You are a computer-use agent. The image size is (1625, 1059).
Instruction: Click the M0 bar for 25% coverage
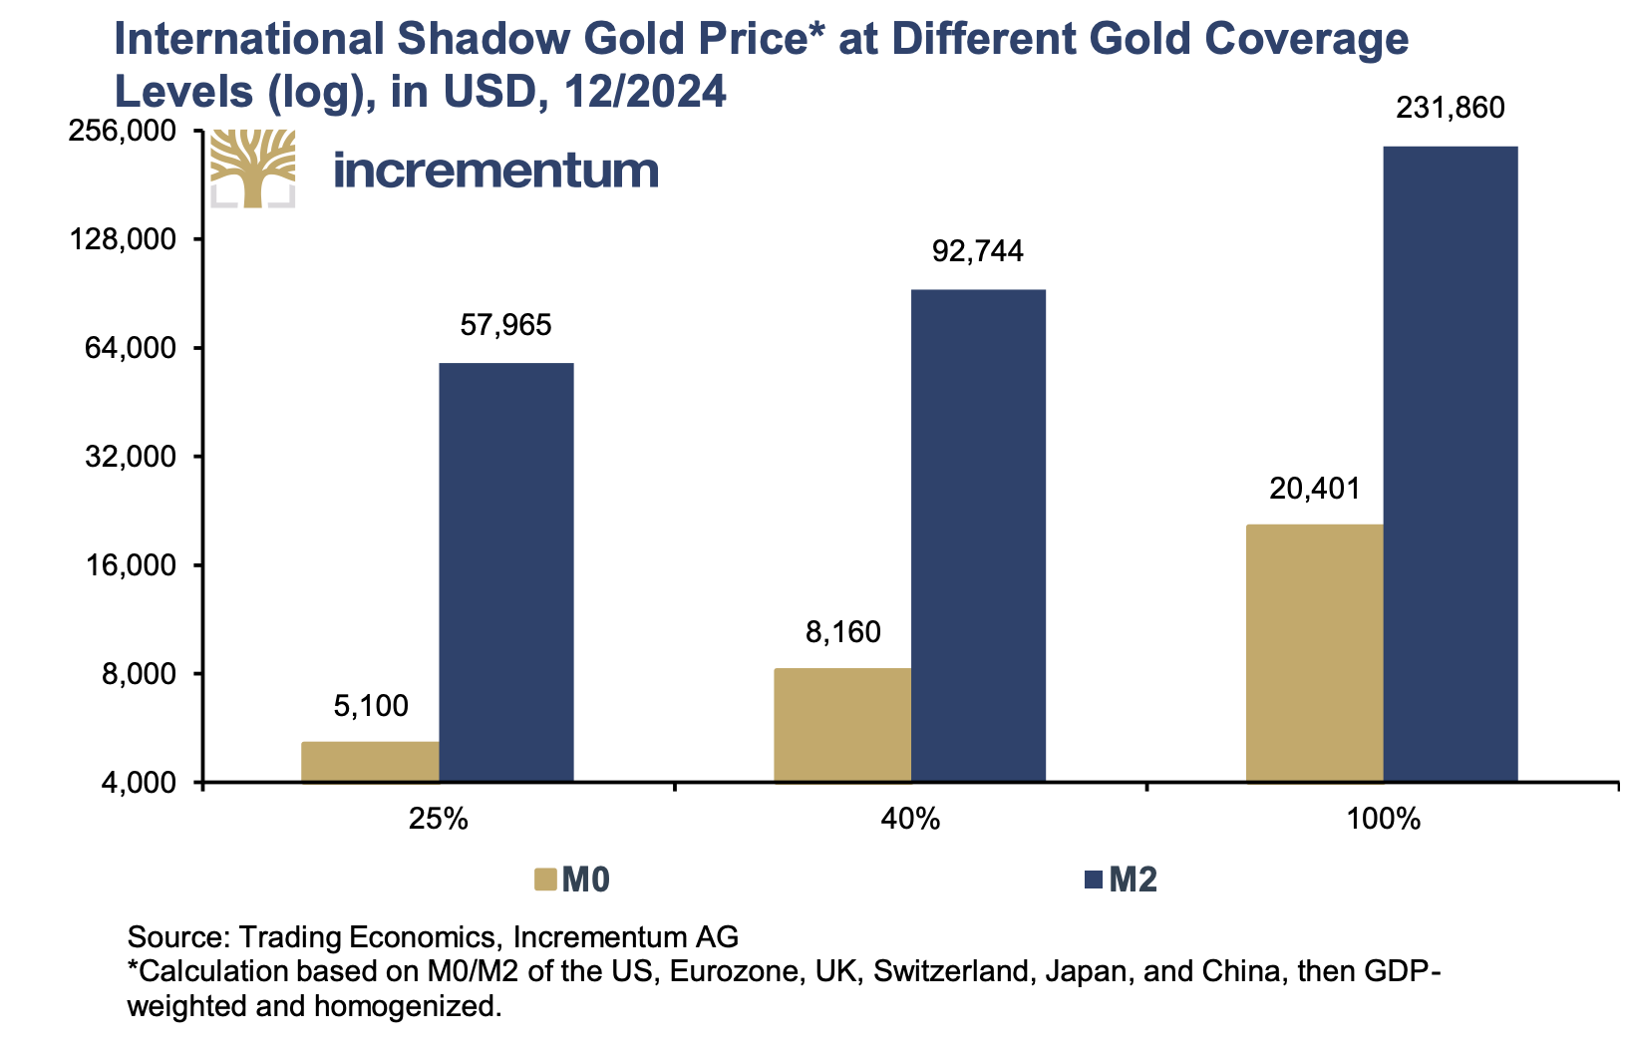click(370, 762)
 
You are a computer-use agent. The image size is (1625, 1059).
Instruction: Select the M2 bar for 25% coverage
click(506, 572)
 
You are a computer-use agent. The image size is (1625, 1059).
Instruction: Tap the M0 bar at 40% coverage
click(842, 725)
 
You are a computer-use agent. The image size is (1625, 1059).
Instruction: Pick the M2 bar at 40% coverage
click(979, 535)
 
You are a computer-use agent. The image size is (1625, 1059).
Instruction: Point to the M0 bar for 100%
click(1315, 653)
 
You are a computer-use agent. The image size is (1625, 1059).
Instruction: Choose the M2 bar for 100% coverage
click(1452, 464)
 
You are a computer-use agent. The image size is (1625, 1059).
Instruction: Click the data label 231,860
click(1451, 108)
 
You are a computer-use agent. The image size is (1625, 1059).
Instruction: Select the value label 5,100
click(371, 706)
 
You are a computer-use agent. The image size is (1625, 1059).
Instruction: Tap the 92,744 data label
click(978, 250)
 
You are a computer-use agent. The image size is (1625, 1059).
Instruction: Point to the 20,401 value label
click(1315, 488)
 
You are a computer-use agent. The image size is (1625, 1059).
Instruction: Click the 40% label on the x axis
click(910, 820)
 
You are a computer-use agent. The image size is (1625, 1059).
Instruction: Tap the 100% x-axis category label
click(1383, 820)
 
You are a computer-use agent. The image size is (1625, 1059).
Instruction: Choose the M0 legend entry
click(573, 880)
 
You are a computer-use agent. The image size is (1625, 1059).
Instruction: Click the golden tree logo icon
click(253, 168)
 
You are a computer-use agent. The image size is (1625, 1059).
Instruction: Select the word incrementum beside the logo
click(495, 170)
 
